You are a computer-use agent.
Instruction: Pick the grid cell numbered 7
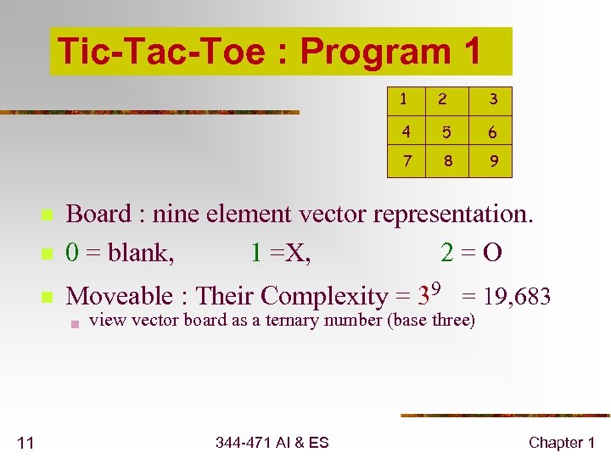[407, 160]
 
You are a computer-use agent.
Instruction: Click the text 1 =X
[281, 253]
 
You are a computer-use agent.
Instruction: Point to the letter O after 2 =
[491, 253]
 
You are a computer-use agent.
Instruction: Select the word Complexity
[326, 297]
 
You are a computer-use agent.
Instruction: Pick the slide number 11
[25, 442]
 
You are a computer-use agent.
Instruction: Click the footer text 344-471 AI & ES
[272, 442]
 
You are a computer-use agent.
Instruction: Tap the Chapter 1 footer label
[562, 442]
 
